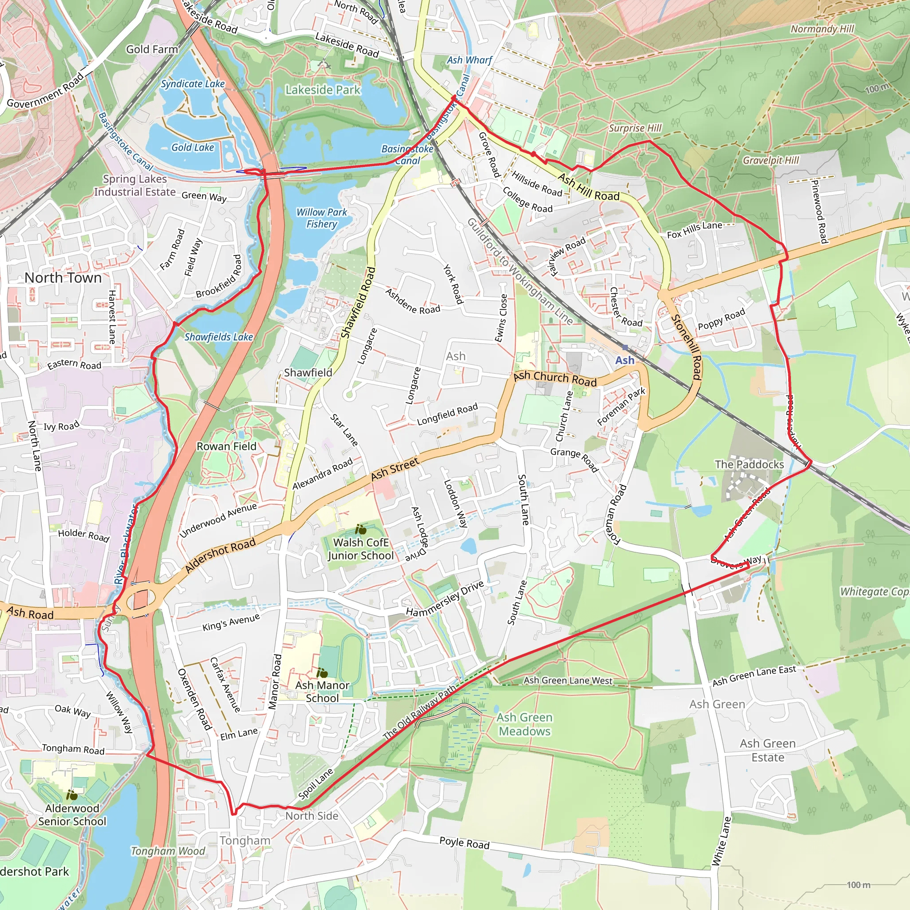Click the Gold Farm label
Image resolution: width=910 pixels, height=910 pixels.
pos(152,49)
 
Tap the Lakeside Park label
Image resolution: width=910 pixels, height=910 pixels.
pos(323,90)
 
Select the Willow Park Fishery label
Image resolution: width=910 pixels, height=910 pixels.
pos(321,218)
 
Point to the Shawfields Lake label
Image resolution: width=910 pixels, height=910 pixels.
pos(219,337)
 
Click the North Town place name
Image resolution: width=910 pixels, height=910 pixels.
pos(63,278)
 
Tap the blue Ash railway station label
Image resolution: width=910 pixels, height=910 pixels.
pos(625,360)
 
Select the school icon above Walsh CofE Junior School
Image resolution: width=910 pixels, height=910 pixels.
pos(361,529)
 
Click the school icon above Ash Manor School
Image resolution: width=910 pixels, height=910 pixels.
pos(322,673)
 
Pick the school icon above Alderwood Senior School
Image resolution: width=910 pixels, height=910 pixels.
pos(72,795)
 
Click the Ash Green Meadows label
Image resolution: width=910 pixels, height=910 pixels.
pos(525,724)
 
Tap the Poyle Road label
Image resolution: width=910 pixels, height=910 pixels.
pos(464,843)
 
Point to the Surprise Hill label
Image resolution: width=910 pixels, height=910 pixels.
pos(635,128)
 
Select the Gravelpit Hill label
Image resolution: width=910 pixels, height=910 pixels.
pos(770,160)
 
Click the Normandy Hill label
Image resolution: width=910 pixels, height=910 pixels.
pos(822,29)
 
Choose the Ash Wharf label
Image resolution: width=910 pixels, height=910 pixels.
pos(469,60)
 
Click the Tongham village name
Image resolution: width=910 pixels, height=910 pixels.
pos(245,841)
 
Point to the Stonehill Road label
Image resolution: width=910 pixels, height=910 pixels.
pos(687,347)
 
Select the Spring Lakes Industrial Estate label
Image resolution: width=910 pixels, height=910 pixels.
pos(135,186)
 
